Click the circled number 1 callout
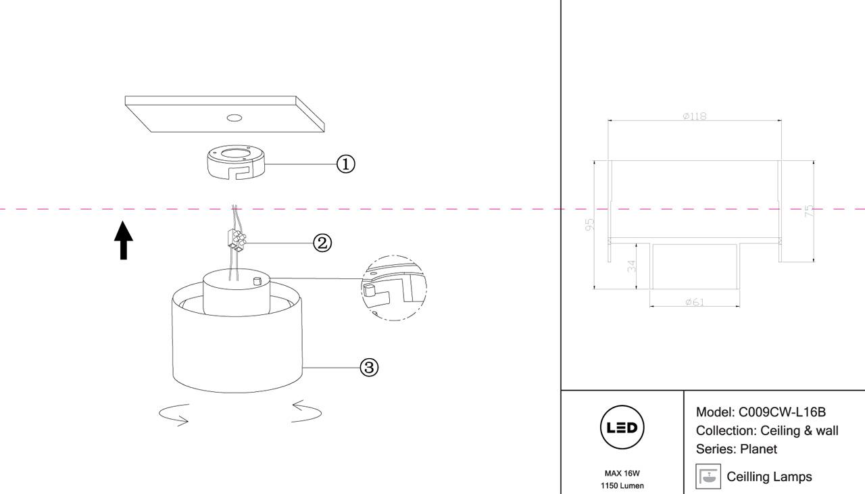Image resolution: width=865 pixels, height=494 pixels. pyautogui.click(x=345, y=164)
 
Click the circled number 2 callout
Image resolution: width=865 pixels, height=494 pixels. pyautogui.click(x=322, y=243)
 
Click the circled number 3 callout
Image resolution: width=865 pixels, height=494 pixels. pyautogui.click(x=369, y=368)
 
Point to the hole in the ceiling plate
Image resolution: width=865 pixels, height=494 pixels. pyautogui.click(x=234, y=118)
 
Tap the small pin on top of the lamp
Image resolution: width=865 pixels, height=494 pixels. pyautogui.click(x=256, y=280)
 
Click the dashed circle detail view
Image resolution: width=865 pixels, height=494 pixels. pyautogui.click(x=395, y=288)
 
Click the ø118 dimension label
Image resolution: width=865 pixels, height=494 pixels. pyautogui.click(x=695, y=116)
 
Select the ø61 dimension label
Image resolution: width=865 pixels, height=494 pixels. pyautogui.click(x=695, y=301)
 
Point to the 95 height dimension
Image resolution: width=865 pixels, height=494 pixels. pyautogui.click(x=589, y=224)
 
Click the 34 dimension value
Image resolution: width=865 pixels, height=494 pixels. pyautogui.click(x=632, y=265)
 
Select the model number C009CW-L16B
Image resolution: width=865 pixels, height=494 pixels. pyautogui.click(x=783, y=412)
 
